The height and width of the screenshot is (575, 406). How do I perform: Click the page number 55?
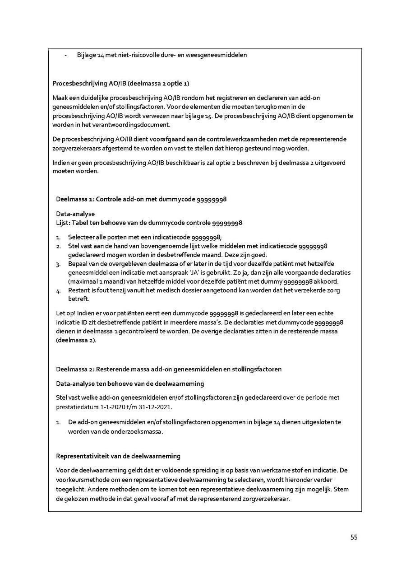pyautogui.click(x=354, y=537)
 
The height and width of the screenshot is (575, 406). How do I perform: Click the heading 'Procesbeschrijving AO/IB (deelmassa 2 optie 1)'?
pyautogui.click(x=121, y=84)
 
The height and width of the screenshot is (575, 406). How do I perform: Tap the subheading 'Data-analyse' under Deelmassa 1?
pyautogui.click(x=75, y=214)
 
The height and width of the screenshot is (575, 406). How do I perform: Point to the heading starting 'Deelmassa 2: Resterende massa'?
pyautogui.click(x=169, y=369)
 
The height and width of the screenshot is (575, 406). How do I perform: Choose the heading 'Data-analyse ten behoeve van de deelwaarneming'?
pyautogui.click(x=130, y=383)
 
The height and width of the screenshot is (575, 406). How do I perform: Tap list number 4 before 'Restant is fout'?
pyautogui.click(x=58, y=290)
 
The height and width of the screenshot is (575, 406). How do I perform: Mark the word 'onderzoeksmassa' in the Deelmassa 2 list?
pyautogui.click(x=140, y=431)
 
